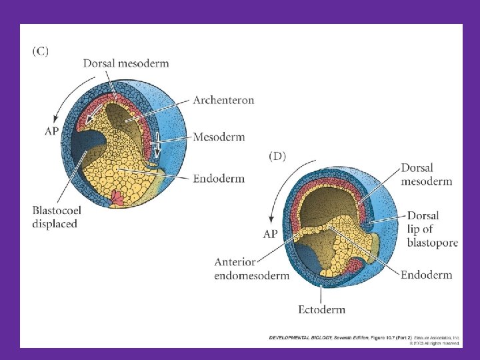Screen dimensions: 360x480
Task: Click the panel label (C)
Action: (x=40, y=51)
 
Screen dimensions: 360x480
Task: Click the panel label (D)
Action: (x=277, y=157)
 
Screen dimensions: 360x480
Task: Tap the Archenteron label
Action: (x=223, y=100)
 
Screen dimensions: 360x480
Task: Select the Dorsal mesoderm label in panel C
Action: (x=126, y=63)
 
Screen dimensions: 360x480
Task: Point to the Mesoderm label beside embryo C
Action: (x=219, y=137)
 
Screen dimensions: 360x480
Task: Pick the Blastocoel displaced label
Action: (x=57, y=217)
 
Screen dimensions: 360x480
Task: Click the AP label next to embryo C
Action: (x=52, y=131)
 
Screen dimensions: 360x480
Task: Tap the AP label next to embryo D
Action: (x=270, y=234)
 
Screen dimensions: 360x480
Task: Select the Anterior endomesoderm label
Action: (x=251, y=269)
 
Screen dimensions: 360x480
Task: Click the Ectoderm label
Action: (x=321, y=309)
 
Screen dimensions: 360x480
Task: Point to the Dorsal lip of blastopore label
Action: (x=432, y=229)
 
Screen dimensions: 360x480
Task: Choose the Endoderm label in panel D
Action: (x=426, y=275)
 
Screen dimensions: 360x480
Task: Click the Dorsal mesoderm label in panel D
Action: (x=426, y=175)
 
